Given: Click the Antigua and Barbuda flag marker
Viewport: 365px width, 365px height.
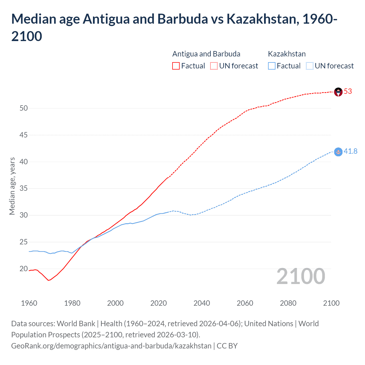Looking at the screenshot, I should coord(338,92).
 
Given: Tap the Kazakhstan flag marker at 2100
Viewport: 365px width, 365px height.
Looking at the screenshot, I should coord(338,152).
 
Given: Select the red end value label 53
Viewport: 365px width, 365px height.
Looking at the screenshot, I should coord(348,92).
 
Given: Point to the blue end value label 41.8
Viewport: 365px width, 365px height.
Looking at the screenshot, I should coord(350,151).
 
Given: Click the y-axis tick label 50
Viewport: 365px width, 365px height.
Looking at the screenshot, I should coord(24,108).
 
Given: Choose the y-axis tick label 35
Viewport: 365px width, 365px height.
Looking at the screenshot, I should coord(24,188).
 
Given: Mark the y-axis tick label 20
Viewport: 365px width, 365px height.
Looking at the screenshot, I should coord(24,269).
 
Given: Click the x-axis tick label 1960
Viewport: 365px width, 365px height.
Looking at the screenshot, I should coord(29,303).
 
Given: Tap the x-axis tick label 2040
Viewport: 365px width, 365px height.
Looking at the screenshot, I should coord(202,303).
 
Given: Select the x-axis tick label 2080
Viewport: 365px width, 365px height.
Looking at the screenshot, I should coord(288,303).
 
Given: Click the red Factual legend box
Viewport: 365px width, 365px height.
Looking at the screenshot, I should coord(176,66).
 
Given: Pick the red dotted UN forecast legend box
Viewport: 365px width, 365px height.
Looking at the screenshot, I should coord(214,66).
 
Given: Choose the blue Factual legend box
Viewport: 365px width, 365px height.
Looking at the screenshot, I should coord(272,66).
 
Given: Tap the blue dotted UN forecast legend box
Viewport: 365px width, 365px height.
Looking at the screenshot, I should coord(309,66).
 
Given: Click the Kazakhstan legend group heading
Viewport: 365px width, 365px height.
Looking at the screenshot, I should coord(287,54).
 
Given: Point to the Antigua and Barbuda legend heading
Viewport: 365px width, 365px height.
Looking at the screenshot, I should coord(206,54).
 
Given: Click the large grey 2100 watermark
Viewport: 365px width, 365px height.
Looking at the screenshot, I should coord(301,276).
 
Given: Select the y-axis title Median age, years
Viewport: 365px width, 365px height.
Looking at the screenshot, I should coord(12,186).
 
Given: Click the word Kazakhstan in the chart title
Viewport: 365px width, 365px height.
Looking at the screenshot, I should coord(262,19).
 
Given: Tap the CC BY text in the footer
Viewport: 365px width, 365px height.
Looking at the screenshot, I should coord(227,346).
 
